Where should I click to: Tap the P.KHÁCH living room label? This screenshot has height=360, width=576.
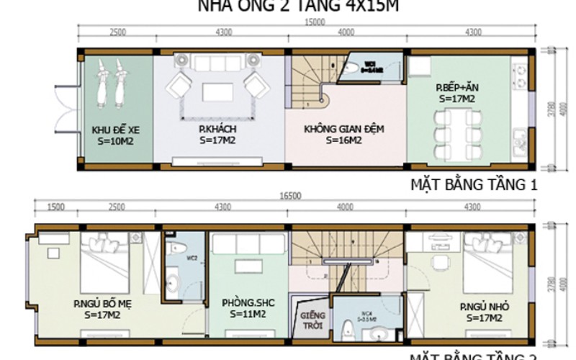coord(219,130)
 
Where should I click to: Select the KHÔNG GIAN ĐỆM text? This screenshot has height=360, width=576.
coord(343,130)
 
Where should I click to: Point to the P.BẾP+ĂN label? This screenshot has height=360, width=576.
coord(452,86)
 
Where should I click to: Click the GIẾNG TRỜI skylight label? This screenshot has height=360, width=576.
coord(314,320)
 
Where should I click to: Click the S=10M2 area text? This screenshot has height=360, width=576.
coord(115,141)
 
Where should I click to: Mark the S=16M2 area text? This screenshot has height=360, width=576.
coord(343,141)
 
